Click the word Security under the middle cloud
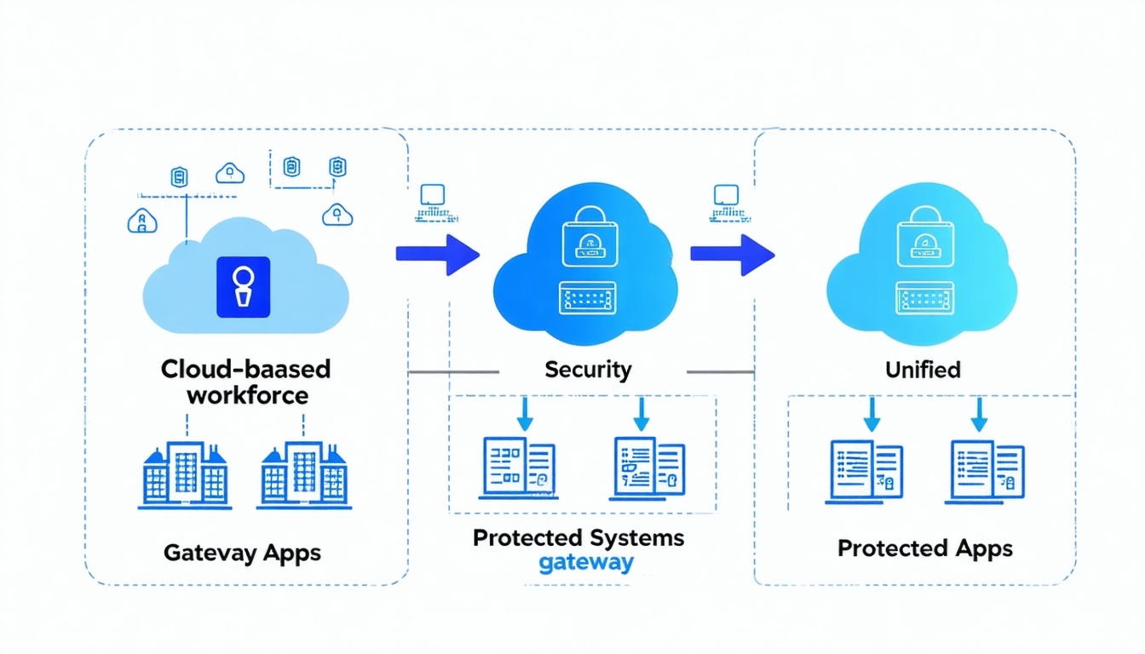point(588,370)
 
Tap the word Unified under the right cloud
point(923,370)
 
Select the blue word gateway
point(586,563)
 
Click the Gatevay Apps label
point(242,553)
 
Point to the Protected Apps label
point(925,548)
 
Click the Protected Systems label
point(578,538)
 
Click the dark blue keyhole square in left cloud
point(244,287)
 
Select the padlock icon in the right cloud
point(923,236)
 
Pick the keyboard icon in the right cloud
point(923,297)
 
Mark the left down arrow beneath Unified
point(871,413)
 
